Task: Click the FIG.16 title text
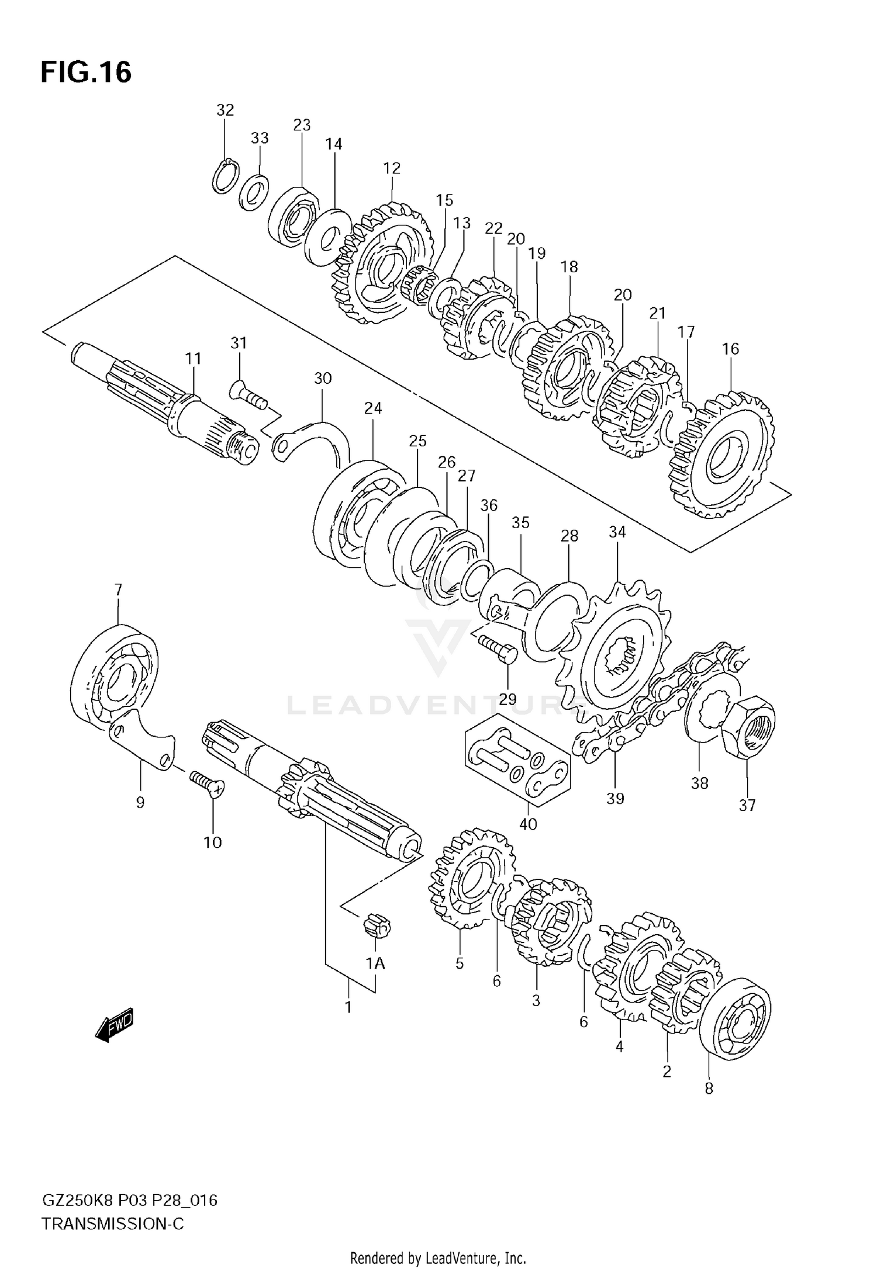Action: (86, 73)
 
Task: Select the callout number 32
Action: (225, 110)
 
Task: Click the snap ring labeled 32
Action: (225, 175)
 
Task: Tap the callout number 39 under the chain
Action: (615, 798)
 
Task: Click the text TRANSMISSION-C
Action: (112, 1224)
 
